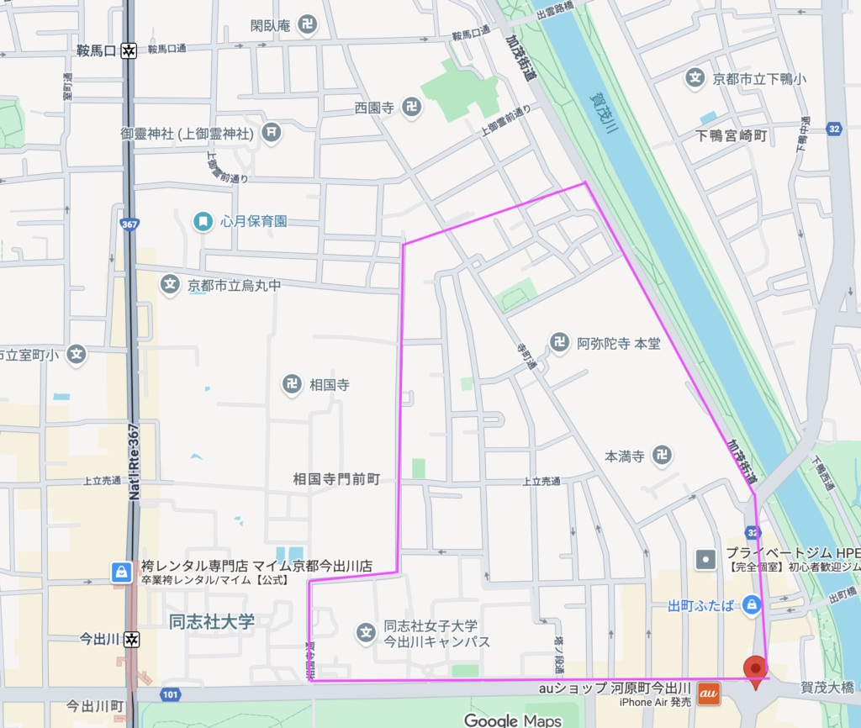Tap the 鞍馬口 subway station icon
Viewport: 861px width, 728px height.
pyautogui.click(x=128, y=50)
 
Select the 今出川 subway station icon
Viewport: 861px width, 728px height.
pyautogui.click(x=130, y=639)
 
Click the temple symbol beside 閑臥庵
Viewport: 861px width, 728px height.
pyautogui.click(x=307, y=26)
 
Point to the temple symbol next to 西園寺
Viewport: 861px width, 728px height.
pyautogui.click(x=411, y=107)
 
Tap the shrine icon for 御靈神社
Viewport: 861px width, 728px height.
pyautogui.click(x=271, y=133)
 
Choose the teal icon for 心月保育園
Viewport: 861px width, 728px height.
pyautogui.click(x=203, y=221)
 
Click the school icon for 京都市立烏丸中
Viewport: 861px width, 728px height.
pyautogui.click(x=171, y=285)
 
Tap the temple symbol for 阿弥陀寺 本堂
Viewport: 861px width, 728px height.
pyautogui.click(x=559, y=342)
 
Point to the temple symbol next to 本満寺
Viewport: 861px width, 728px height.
pyautogui.click(x=663, y=456)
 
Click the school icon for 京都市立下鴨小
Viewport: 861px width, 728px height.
pyautogui.click(x=695, y=79)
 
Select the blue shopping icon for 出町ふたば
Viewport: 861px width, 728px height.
pyautogui.click(x=752, y=604)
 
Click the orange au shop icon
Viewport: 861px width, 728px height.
pyautogui.click(x=709, y=694)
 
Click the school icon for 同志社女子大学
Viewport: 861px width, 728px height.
pyautogui.click(x=365, y=632)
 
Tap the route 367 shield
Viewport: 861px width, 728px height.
pyautogui.click(x=129, y=225)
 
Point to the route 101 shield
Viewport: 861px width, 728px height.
pyautogui.click(x=171, y=694)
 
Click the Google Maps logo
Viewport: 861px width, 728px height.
pyautogui.click(x=513, y=720)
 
